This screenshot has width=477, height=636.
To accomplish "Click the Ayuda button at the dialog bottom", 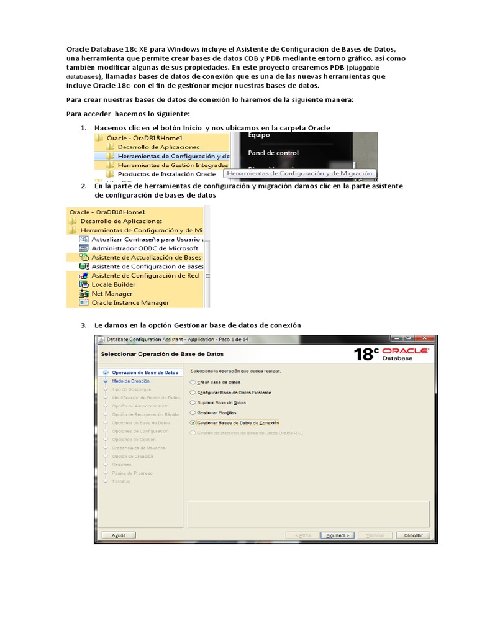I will [x=119, y=535].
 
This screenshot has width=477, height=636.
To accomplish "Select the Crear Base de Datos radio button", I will [x=193, y=383].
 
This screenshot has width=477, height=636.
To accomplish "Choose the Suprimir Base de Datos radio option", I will [x=193, y=402].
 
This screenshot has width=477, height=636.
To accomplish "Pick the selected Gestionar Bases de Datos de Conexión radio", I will [x=193, y=422].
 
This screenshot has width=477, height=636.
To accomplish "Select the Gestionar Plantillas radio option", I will [x=193, y=412].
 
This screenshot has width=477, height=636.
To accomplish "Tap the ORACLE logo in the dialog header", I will [x=406, y=352].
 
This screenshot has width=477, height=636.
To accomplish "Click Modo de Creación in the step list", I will [x=130, y=381].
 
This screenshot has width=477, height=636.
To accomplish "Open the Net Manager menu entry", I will [x=112, y=293].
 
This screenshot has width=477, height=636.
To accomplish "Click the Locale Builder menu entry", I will [x=113, y=284].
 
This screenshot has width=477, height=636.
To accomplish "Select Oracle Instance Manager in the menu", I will [x=130, y=302].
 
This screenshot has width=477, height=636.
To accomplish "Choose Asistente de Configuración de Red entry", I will [x=145, y=275].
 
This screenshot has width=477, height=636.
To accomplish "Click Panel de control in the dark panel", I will [x=273, y=153].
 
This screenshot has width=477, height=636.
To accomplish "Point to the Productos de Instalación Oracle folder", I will [x=166, y=175].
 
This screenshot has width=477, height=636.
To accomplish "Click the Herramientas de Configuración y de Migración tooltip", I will [x=299, y=174].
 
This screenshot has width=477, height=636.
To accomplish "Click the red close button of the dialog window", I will [x=425, y=338].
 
